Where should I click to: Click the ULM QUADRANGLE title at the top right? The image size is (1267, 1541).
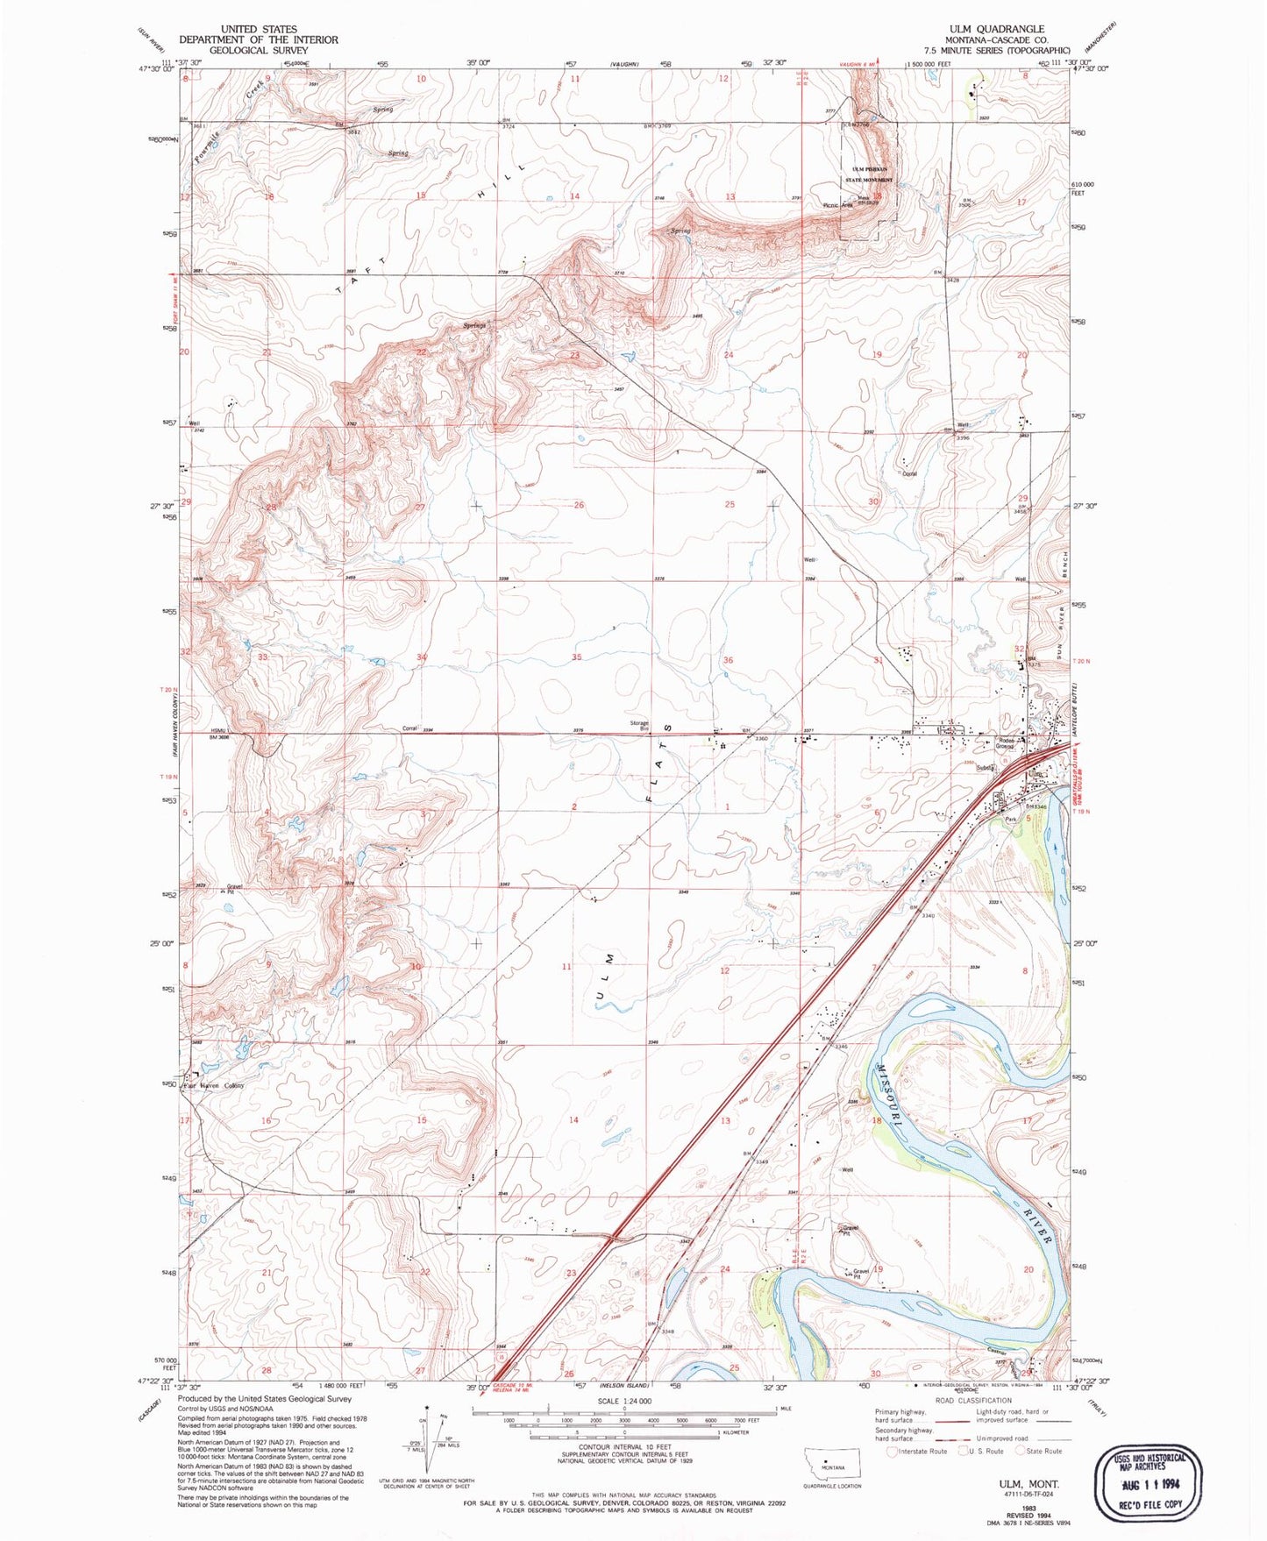coord(996,29)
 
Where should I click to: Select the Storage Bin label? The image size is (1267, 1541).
coord(638,726)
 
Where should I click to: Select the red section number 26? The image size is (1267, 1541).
coord(579,505)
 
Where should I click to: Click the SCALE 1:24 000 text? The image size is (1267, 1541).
coord(623,1401)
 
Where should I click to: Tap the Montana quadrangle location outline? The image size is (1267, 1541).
coord(832,1465)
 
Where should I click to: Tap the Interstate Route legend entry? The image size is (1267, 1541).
coord(916,1451)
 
